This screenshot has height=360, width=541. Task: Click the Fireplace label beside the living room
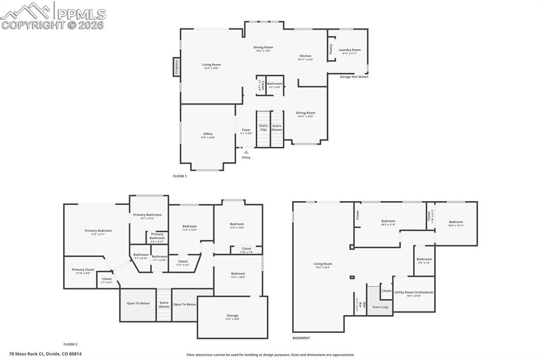click(x=176, y=67)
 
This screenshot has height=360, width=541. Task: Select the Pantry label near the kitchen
click(x=331, y=49)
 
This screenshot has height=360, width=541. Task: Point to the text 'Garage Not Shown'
click(x=354, y=77)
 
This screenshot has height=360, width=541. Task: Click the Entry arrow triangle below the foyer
click(x=246, y=152)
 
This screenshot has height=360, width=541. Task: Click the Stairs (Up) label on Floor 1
click(x=263, y=127)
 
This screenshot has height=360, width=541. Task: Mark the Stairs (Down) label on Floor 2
click(x=164, y=304)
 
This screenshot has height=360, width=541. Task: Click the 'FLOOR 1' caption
click(x=180, y=176)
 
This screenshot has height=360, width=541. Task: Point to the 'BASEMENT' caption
click(x=301, y=338)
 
